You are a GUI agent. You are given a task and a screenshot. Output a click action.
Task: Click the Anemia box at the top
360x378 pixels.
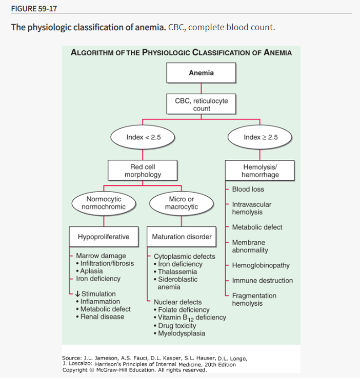click(201, 73)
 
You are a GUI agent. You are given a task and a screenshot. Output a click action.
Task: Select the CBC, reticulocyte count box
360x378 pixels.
click(201, 104)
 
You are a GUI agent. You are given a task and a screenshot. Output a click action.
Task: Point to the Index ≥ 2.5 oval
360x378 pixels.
click(260, 137)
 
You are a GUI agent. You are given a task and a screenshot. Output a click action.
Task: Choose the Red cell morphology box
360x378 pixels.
click(142, 171)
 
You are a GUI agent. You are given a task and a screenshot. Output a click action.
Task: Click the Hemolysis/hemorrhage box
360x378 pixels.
click(260, 171)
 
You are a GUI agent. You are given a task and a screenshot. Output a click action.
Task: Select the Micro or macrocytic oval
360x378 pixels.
click(181, 203)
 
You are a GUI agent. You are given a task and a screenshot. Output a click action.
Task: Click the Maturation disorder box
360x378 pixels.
click(182, 237)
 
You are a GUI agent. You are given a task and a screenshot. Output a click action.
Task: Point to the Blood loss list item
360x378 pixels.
click(248, 189)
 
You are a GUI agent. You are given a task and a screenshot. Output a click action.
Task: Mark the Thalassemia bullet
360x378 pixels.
click(177, 272)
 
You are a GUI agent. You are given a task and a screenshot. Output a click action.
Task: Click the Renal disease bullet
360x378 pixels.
click(102, 317)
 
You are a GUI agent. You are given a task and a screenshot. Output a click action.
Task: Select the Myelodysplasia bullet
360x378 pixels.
click(182, 333)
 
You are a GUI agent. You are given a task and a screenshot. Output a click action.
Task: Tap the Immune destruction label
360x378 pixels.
click(262, 281)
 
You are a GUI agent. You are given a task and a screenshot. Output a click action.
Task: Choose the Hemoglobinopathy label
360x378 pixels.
click(261, 265)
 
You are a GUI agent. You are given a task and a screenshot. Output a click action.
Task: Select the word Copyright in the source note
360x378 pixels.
click(75, 370)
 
